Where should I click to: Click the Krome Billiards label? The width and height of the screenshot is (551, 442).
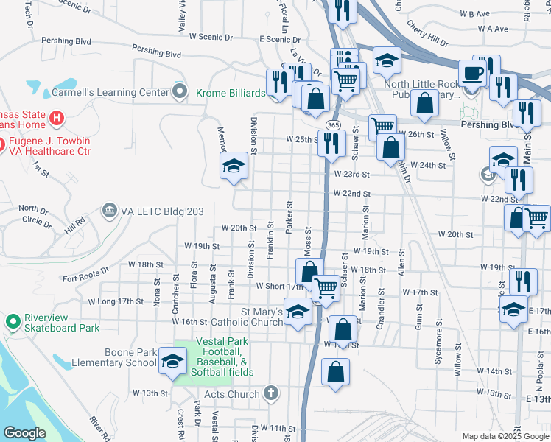pos(230,93)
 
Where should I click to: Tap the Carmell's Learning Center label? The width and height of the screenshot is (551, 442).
pos(110,93)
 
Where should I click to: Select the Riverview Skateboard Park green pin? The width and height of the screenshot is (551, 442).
pos(12,321)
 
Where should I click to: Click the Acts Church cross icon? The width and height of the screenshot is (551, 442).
pos(271,393)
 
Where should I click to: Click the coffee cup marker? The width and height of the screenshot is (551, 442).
pos(471,73)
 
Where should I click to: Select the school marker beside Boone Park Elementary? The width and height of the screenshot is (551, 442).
pos(172,362)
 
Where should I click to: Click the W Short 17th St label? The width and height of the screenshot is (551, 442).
pos(279,285)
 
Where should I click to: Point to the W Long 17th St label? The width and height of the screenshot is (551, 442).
pos(115,301)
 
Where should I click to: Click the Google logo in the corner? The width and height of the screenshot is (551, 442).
pos(25,433)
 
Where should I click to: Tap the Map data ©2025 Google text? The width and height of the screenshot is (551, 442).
pos(505,436)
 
